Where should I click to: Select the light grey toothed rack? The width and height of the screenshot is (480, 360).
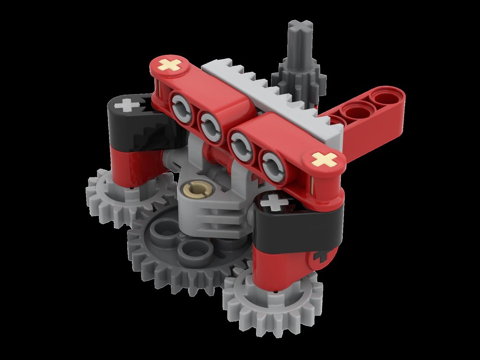(269, 96)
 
